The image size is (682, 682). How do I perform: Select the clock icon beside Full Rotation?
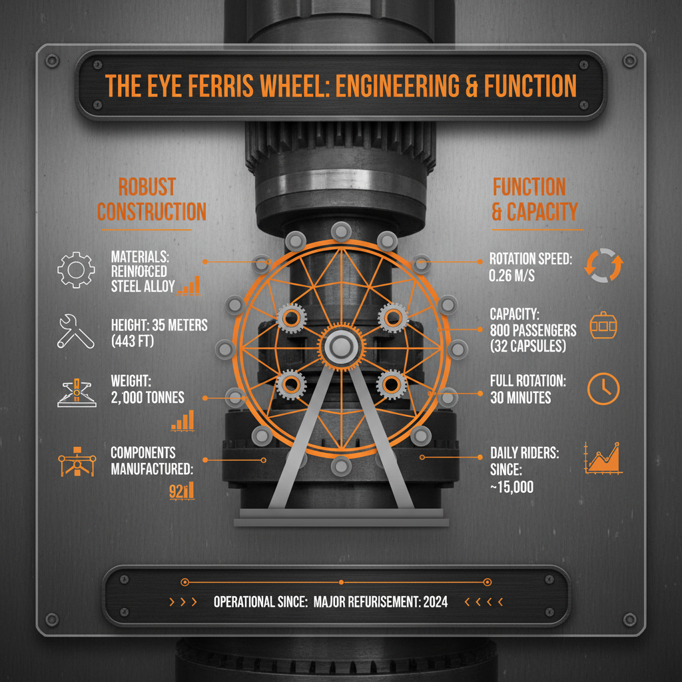pyautogui.click(x=603, y=389)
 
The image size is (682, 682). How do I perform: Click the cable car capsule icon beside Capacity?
pyautogui.click(x=603, y=327)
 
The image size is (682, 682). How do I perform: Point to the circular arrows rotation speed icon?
pyautogui.click(x=603, y=265)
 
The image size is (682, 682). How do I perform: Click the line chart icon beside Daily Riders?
pyautogui.click(x=604, y=458)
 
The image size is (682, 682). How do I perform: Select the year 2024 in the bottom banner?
pyautogui.click(x=434, y=601)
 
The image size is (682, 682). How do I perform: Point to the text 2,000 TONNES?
pyautogui.click(x=148, y=398)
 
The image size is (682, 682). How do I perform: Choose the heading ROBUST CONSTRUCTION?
pyautogui.click(x=152, y=199)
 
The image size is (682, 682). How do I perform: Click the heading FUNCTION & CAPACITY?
pyautogui.click(x=534, y=199)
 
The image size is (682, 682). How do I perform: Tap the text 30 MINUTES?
pyautogui.click(x=520, y=398)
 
